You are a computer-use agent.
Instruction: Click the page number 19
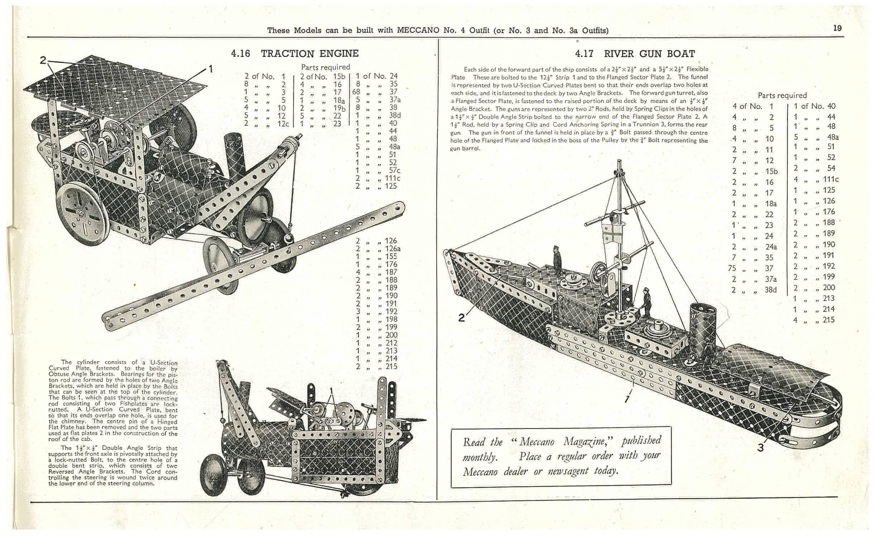[837, 28]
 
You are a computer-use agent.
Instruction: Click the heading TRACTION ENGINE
[309, 54]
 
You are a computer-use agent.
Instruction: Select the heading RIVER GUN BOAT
[649, 54]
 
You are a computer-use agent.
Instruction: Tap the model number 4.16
[240, 54]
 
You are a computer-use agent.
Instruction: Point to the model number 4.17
[584, 54]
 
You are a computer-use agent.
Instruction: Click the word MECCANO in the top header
[418, 30]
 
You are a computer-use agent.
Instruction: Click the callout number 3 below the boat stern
[760, 448]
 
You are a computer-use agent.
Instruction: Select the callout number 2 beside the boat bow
[462, 317]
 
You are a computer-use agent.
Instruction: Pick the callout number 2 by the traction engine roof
[43, 61]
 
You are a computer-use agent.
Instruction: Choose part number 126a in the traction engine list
[393, 249]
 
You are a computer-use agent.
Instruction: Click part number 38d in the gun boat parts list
[770, 290]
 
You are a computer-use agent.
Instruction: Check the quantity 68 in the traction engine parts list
[356, 92]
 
